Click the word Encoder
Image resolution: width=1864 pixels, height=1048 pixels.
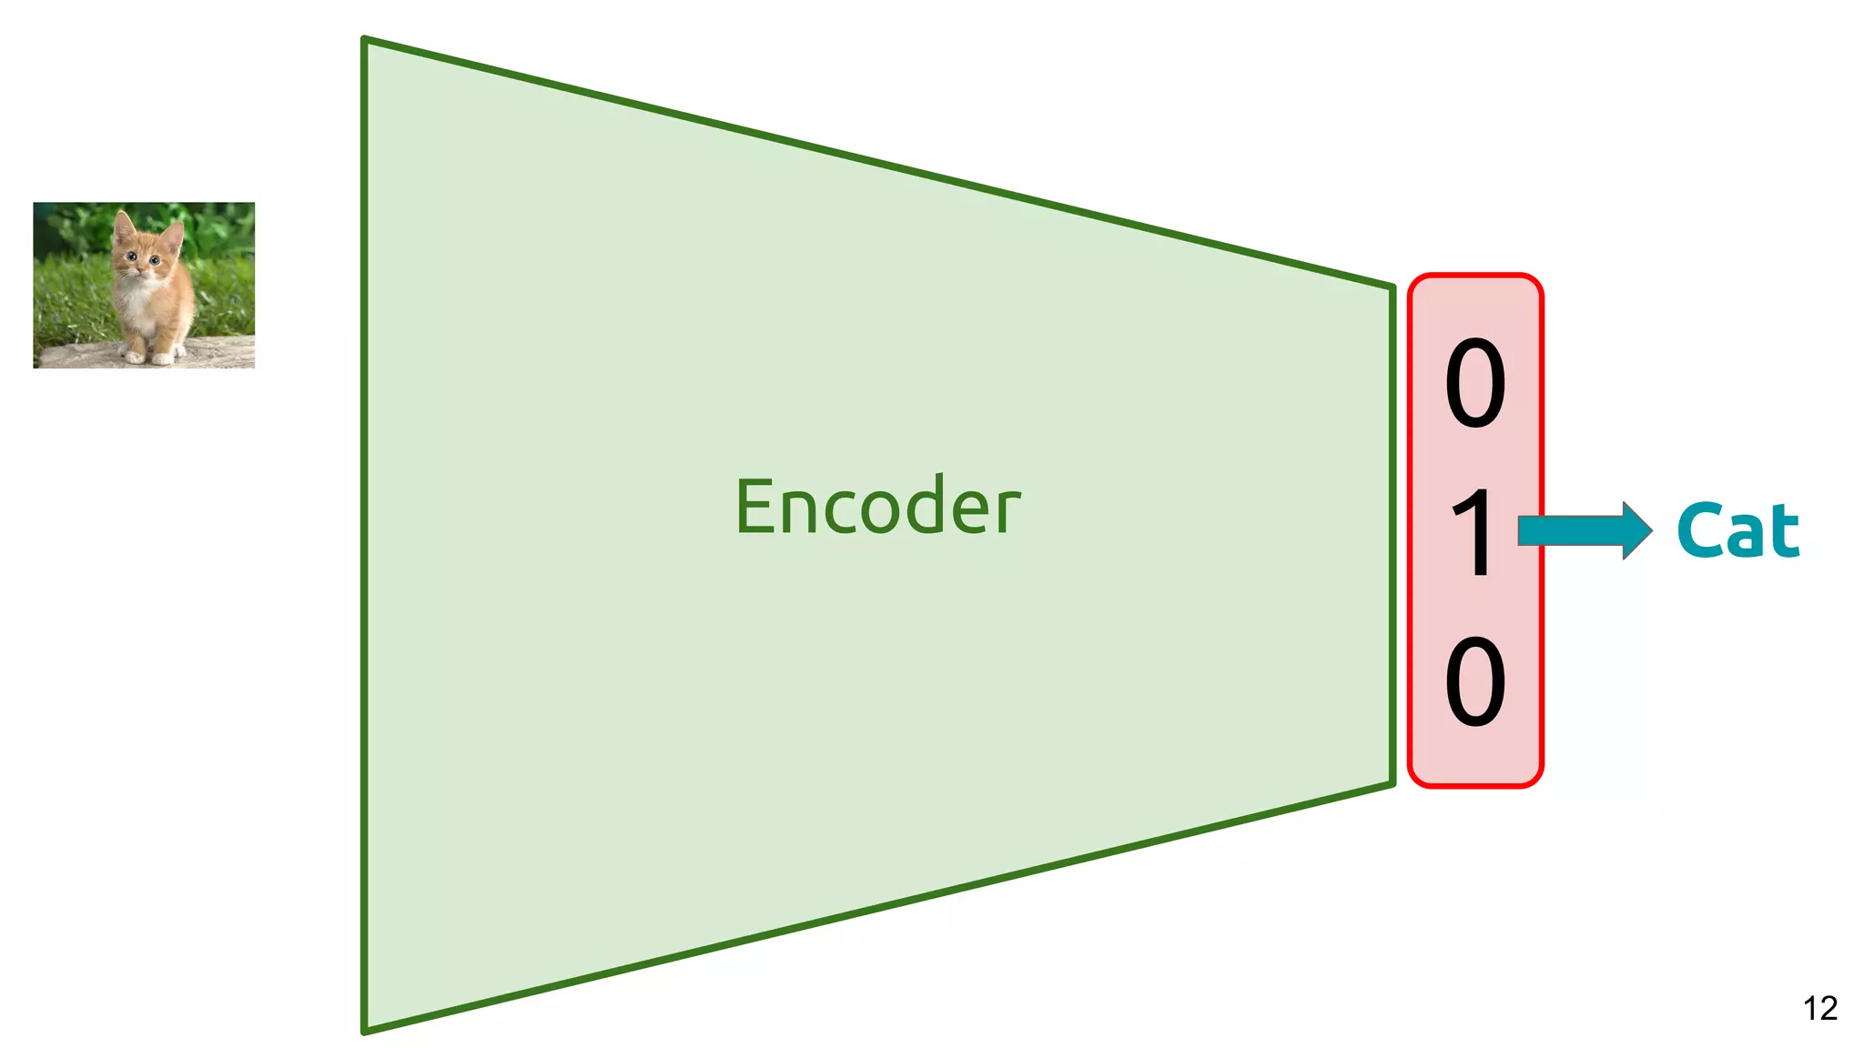(x=877, y=506)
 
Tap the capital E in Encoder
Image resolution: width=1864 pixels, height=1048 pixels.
(x=756, y=508)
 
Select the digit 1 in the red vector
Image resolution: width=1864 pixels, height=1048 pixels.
(x=1475, y=533)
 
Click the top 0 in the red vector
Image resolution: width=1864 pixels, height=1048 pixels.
(x=1475, y=383)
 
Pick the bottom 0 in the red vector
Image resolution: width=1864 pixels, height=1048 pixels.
(x=1475, y=681)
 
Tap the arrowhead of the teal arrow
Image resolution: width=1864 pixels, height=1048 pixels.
(x=1636, y=530)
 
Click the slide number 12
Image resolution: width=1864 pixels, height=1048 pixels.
(x=1820, y=1008)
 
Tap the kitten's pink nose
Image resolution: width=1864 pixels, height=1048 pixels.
(x=141, y=269)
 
